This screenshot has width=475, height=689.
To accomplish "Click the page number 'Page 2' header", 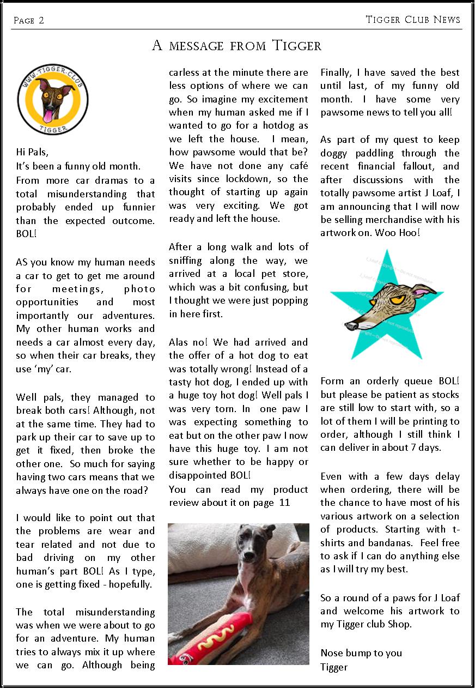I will point(28,21).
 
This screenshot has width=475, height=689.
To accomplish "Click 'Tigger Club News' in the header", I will point(413,20).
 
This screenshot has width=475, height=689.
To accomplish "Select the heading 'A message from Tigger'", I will point(236,46).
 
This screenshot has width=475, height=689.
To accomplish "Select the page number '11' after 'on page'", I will point(284,503).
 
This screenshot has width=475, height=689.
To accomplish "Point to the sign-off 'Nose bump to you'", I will point(361,653).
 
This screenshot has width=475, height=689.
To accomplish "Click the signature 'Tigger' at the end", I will point(334,667).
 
